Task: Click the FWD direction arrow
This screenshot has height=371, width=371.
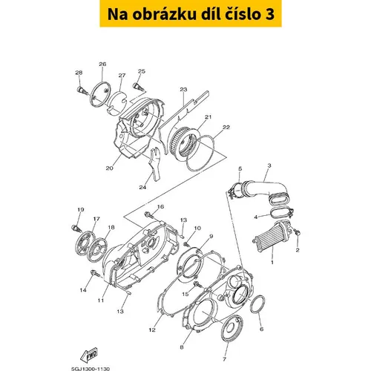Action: [x=89, y=355]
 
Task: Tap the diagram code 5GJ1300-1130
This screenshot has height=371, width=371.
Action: [x=91, y=369]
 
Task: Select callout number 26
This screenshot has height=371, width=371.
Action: [x=102, y=65]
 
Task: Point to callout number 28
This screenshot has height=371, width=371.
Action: [x=79, y=73]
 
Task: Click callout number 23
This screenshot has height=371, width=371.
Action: [x=183, y=89]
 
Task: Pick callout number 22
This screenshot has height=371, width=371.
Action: [x=226, y=127]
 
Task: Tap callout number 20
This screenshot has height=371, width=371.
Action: [x=109, y=168]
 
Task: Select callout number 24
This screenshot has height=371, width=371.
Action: [x=142, y=187]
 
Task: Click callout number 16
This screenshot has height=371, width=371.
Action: [x=160, y=206]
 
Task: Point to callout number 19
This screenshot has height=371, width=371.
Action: [x=81, y=210]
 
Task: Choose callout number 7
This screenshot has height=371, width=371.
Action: [x=224, y=359]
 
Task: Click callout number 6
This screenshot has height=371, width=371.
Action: [x=261, y=329]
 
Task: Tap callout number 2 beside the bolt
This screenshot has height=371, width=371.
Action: [x=298, y=250]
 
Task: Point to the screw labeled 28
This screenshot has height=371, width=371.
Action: [x=82, y=91]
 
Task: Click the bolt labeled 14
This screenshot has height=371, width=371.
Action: [x=95, y=274]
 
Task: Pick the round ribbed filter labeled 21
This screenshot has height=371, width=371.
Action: [x=183, y=142]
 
